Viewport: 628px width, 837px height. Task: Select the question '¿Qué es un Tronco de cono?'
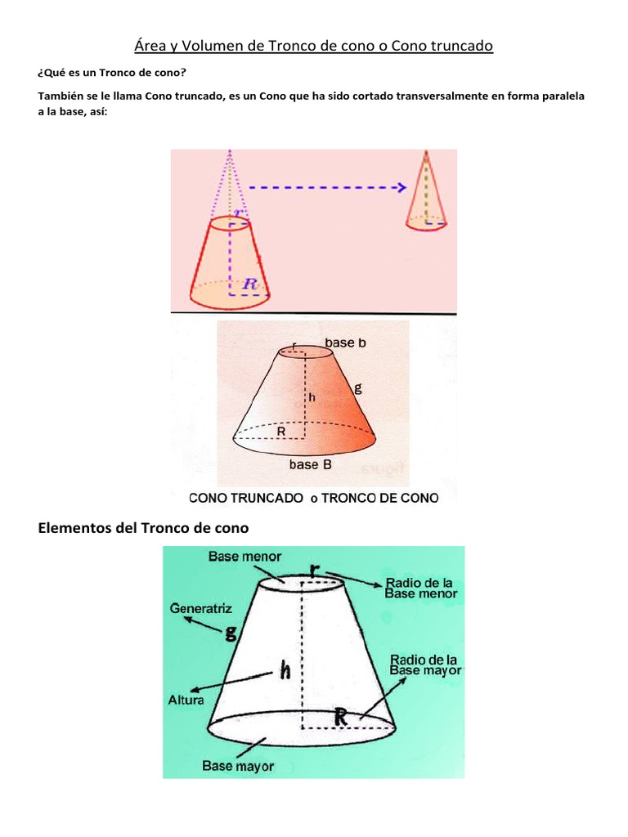click(112, 73)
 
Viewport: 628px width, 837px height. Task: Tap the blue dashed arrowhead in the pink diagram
click(401, 187)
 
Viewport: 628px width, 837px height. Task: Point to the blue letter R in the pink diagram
click(250, 284)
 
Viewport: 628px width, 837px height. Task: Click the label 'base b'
click(346, 342)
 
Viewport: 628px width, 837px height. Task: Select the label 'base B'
click(310, 464)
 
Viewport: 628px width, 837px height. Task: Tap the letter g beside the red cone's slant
click(358, 388)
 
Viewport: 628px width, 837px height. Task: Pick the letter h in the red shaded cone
click(312, 397)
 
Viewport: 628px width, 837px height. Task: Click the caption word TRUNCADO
click(267, 498)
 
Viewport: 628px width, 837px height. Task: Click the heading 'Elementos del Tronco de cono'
click(143, 528)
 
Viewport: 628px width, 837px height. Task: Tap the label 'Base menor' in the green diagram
click(244, 557)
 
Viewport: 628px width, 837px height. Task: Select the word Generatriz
click(201, 608)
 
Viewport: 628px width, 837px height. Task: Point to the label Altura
click(186, 700)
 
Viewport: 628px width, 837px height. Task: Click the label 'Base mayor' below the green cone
click(238, 766)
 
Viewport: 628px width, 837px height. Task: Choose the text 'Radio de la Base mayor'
click(425, 665)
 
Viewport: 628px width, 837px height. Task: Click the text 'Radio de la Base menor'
click(421, 589)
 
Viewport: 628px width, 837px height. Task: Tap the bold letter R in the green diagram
click(341, 717)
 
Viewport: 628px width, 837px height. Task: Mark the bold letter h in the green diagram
click(285, 669)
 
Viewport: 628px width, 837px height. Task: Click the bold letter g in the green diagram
click(231, 633)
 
